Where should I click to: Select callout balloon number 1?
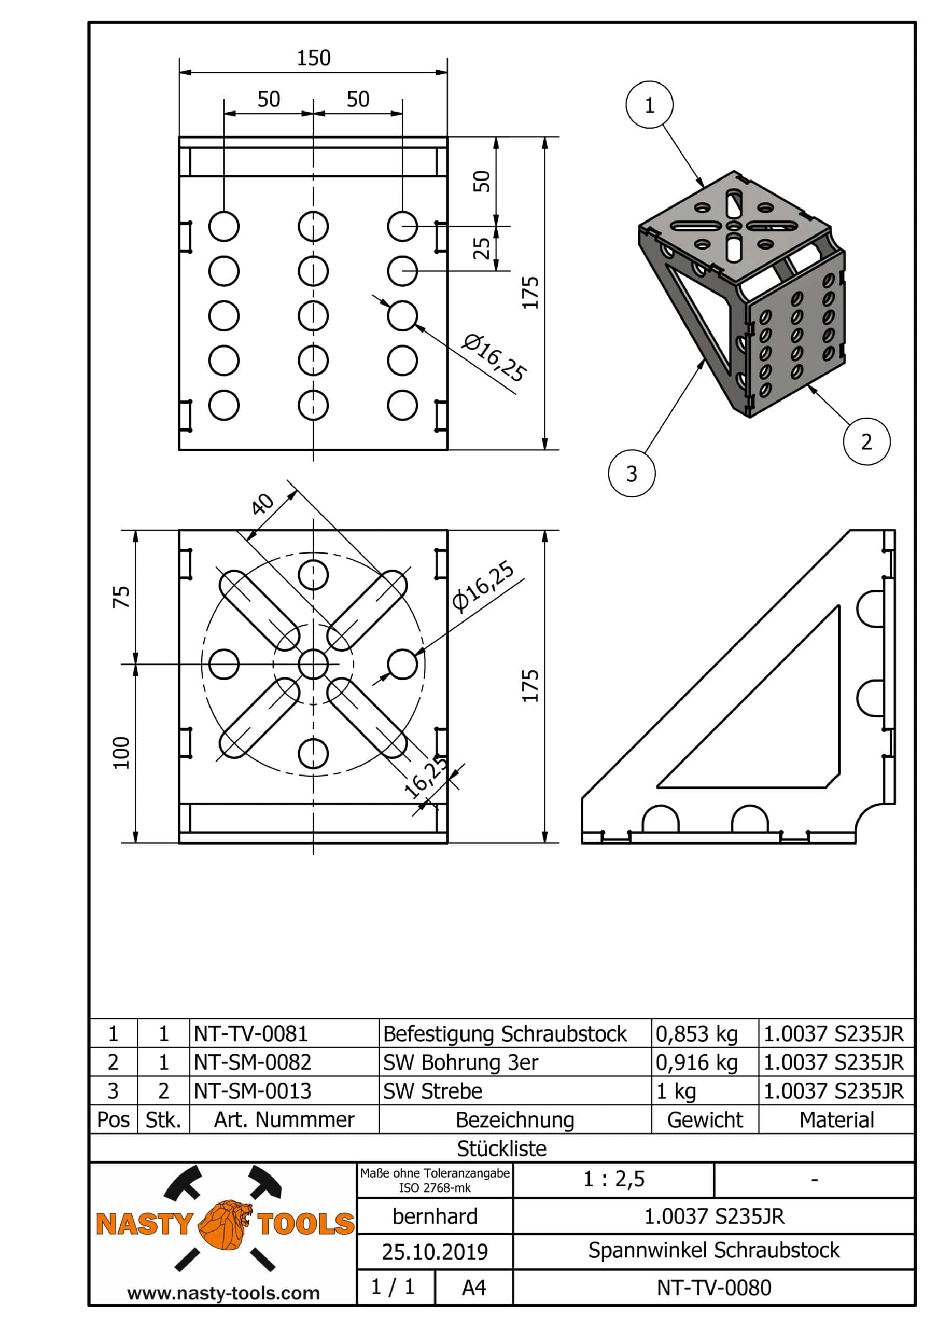coord(649,105)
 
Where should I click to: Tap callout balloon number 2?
coord(866,442)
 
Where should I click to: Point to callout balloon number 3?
coord(632,474)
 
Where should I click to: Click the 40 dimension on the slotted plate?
coord(262,503)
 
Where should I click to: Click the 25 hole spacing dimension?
coord(482,248)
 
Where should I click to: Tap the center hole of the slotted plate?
coord(313,663)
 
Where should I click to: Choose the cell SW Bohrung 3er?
coord(461,1062)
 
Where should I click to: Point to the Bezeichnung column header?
coord(515,1120)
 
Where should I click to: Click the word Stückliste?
coord(501,1149)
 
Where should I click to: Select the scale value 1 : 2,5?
coord(613,1179)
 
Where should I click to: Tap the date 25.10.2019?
coord(435,1252)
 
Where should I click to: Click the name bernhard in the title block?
coord(435,1216)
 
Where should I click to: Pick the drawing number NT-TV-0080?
coord(713,1288)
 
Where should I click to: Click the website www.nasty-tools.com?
coord(223,1293)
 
